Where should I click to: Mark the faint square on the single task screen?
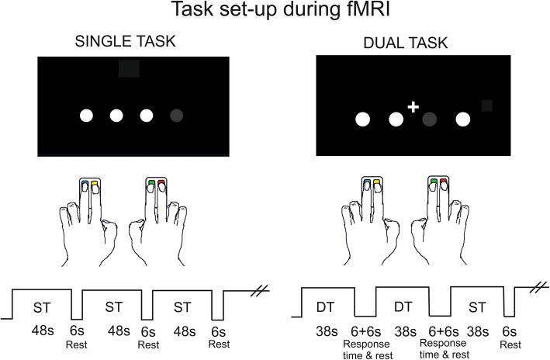[130, 68]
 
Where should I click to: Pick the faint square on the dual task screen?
[487, 106]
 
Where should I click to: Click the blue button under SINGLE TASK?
[85, 185]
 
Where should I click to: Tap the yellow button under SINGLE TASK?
[95, 185]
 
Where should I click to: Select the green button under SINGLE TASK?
[152, 184]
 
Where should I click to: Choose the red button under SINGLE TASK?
[162, 184]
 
